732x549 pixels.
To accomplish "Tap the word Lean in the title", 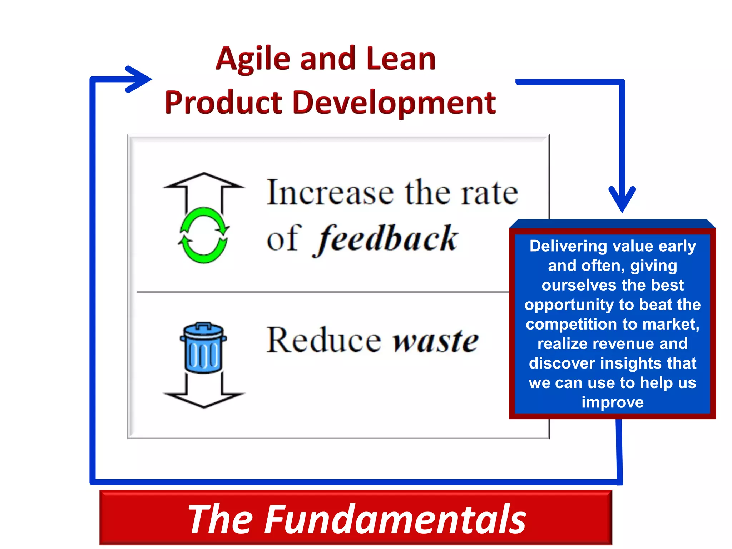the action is tap(401, 59).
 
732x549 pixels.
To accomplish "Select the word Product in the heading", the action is tap(223, 103).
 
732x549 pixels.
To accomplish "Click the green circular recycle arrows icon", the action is tap(203, 236).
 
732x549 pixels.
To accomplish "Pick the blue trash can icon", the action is tap(203, 348).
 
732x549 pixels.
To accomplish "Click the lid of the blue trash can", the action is tap(203, 331).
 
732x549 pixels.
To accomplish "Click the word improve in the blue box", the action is tap(612, 402).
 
